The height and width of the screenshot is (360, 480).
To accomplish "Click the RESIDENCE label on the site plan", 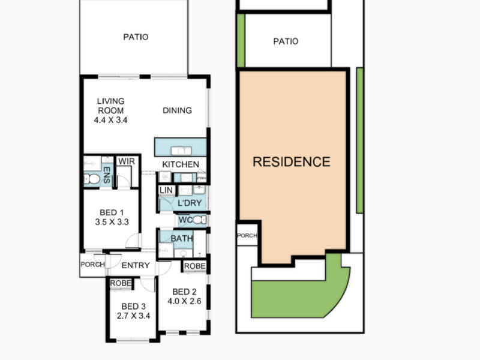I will click(x=291, y=161).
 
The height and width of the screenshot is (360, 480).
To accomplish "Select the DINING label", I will click(x=177, y=110).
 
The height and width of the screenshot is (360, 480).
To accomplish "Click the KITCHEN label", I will click(x=181, y=164).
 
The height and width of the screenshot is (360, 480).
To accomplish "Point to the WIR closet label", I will click(x=126, y=161).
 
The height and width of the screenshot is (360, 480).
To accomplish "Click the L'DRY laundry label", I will click(x=190, y=203).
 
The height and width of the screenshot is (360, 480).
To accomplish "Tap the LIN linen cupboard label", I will click(x=166, y=190).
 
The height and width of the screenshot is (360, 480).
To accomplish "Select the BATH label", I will click(x=182, y=239).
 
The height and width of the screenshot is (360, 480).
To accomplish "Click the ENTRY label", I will click(x=136, y=265).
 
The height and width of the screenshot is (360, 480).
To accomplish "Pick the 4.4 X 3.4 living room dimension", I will click(x=111, y=120).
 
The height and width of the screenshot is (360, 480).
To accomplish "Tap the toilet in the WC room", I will click(x=198, y=221).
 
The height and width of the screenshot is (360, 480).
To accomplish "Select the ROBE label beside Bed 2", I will click(x=195, y=266).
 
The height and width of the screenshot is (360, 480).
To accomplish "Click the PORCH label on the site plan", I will click(x=247, y=236).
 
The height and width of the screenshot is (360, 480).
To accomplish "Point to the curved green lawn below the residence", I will click(x=300, y=294).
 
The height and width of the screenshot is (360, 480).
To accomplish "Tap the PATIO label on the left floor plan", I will click(x=136, y=37).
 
